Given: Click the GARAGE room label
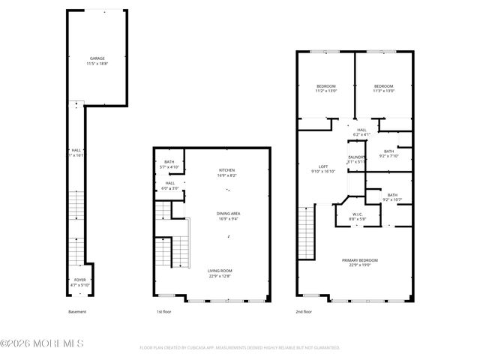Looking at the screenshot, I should tap(97, 58).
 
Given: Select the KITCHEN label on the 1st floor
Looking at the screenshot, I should tap(227, 170).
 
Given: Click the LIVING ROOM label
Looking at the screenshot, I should tap(220, 271).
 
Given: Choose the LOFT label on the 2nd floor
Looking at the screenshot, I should tap(322, 166).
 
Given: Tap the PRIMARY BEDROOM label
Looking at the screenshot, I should tap(360, 260).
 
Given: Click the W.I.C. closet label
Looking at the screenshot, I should tap(358, 214).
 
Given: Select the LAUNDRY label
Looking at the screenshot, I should tap(355, 157).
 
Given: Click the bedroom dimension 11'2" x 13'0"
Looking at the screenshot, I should tap(326, 91).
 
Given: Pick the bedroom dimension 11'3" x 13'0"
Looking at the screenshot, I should tap(384, 91).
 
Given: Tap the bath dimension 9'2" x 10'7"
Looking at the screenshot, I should tap(392, 199).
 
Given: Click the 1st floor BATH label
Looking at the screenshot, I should tap(169, 162).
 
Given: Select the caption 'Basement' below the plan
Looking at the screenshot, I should tap(78, 311).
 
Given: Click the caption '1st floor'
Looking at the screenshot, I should tap(163, 311).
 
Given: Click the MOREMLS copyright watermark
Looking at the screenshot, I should tap(42, 343).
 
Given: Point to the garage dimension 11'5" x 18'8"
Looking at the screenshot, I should tap(97, 64).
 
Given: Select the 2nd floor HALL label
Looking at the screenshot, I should tap(361, 130).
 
